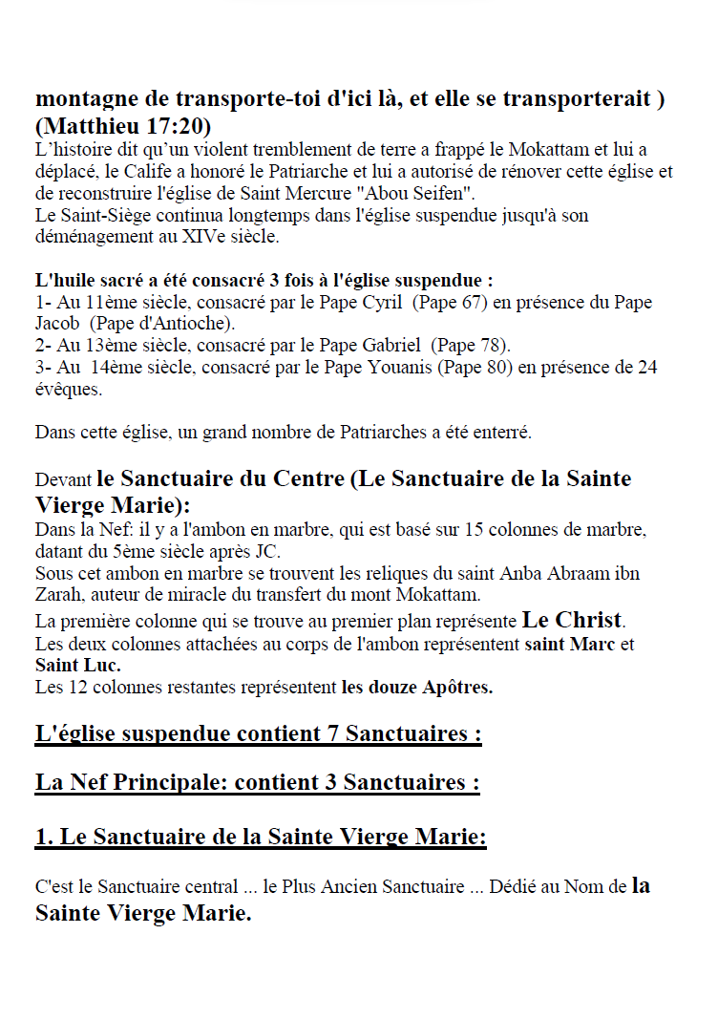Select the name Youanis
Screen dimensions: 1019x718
[x=400, y=367]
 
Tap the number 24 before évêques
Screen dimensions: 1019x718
[x=646, y=367]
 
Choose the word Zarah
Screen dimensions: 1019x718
[x=58, y=596]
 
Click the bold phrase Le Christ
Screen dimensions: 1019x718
[x=572, y=619]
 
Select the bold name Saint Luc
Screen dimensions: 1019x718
[x=78, y=664]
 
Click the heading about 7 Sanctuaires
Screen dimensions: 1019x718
[x=258, y=734]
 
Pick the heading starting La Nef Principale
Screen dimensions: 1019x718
[x=257, y=783]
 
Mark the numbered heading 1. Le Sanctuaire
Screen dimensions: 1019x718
[x=261, y=838]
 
